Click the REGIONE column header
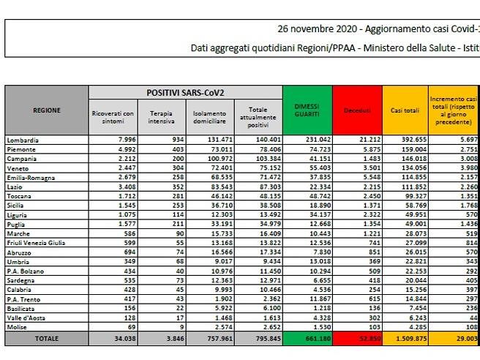click(47, 110)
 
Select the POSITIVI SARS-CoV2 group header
click(185, 93)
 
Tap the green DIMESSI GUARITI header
click(307, 110)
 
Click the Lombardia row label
click(23, 140)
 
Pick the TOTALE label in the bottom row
click(47, 340)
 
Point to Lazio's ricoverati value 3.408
click(121, 187)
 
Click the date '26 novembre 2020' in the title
click(317, 29)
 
